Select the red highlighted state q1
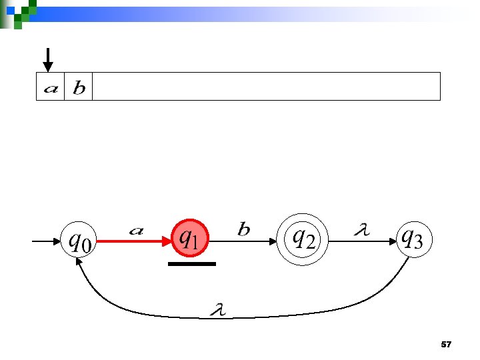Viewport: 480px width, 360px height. [191, 237]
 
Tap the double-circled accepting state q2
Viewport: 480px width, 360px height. [303, 237]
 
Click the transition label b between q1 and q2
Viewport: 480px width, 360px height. [244, 230]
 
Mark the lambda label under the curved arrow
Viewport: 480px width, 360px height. [217, 309]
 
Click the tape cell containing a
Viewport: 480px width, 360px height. [50, 87]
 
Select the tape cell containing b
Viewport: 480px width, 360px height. [78, 87]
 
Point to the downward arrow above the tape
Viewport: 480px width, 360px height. [47, 59]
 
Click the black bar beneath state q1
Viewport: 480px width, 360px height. [192, 264]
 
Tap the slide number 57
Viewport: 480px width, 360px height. [446, 345]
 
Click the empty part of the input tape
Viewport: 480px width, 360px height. [267, 87]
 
